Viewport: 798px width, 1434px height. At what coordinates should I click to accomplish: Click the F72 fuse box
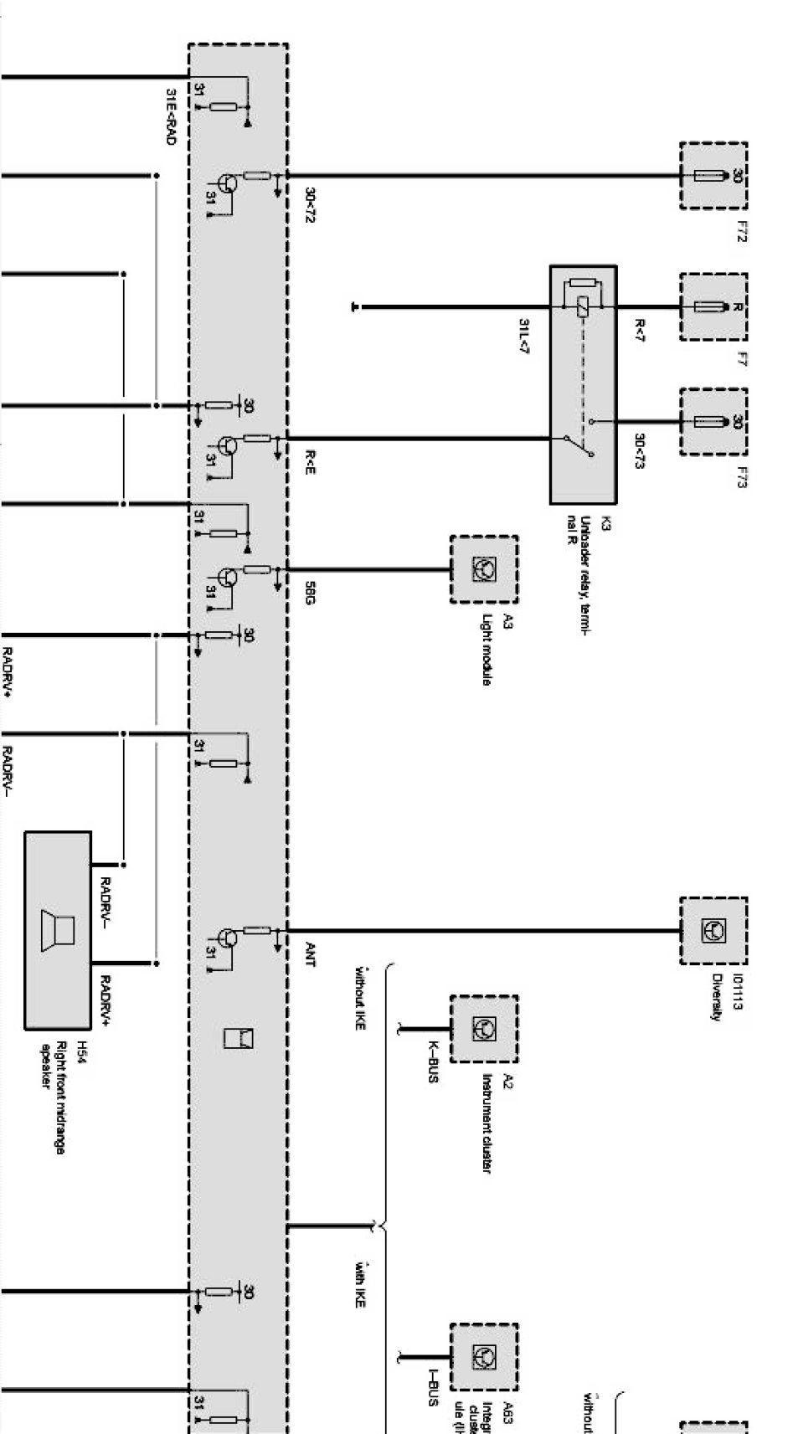tap(713, 176)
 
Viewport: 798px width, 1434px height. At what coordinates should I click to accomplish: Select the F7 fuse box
tap(713, 306)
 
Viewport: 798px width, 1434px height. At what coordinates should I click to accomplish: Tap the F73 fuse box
tap(713, 421)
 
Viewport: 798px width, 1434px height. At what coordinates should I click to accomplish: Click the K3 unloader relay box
tap(583, 384)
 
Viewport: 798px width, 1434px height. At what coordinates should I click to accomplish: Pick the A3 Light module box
tap(483, 570)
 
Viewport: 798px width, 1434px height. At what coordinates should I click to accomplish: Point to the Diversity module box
tap(713, 930)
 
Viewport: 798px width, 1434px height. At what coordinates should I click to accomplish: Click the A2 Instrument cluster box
tap(483, 1029)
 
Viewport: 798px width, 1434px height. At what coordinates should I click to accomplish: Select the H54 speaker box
tap(58, 930)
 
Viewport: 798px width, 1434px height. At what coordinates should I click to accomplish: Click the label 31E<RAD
tap(171, 117)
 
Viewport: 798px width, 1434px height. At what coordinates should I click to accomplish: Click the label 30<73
tap(638, 451)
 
